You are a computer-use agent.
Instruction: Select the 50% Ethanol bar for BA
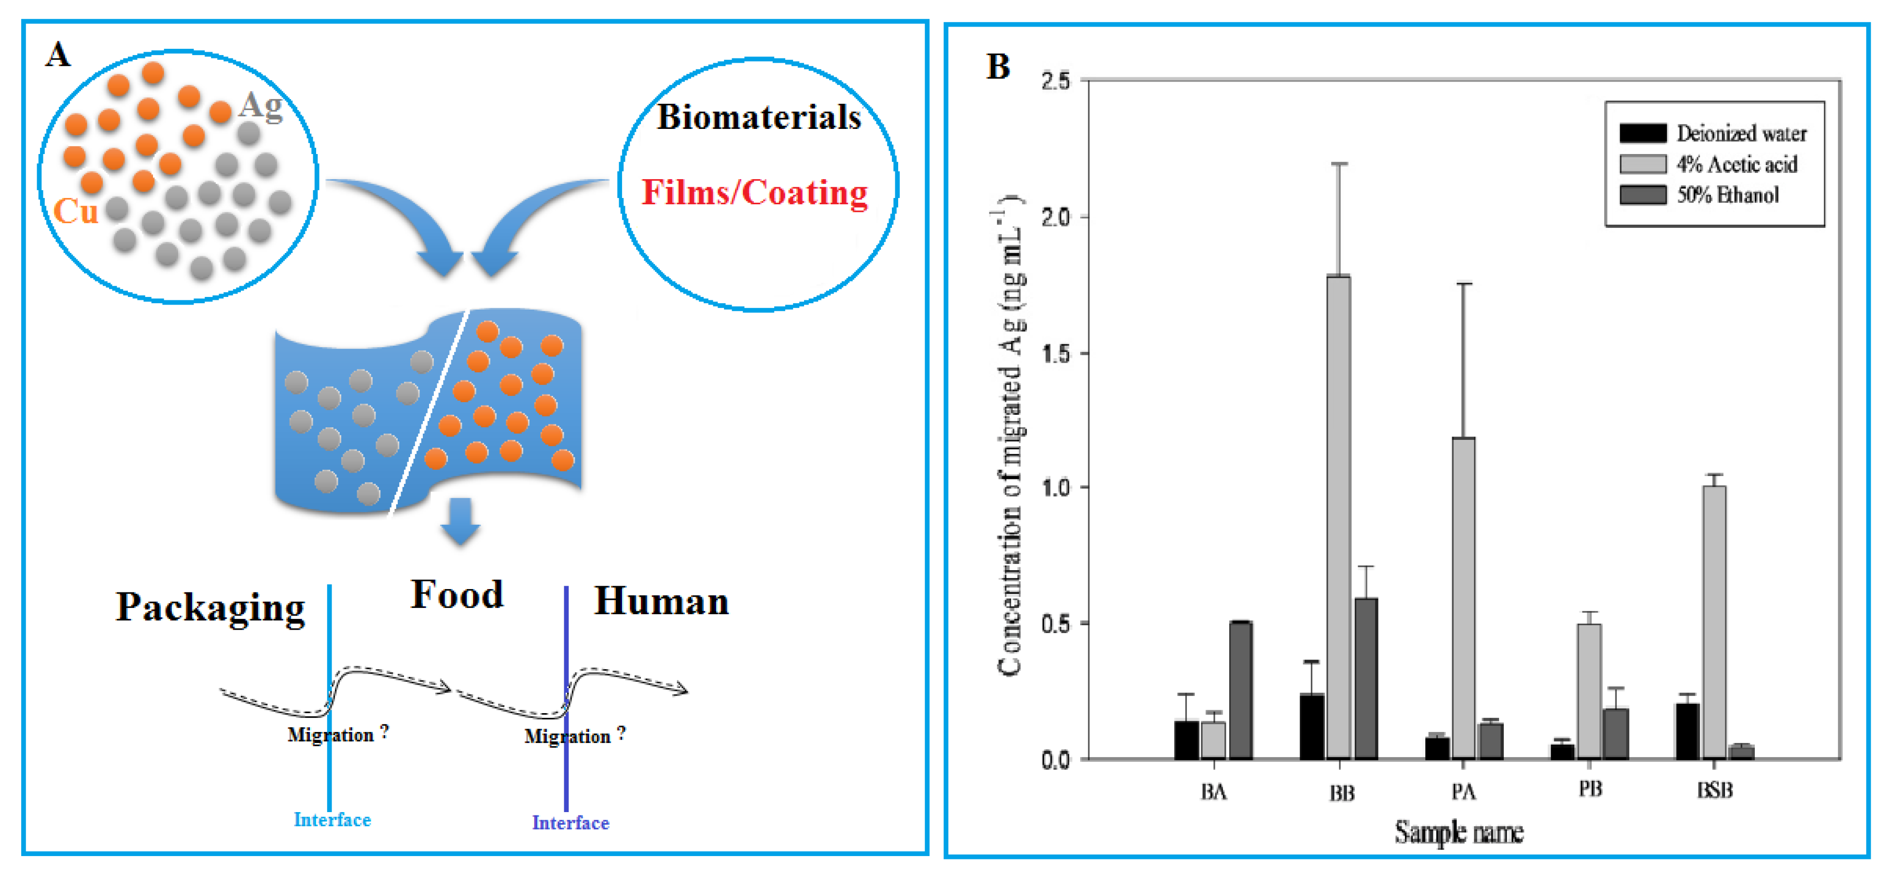pyautogui.click(x=1241, y=690)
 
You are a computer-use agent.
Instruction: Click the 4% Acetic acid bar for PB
pyautogui.click(x=1589, y=690)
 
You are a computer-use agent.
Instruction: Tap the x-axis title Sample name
pyautogui.click(x=1459, y=833)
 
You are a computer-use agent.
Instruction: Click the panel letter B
pyautogui.click(x=998, y=67)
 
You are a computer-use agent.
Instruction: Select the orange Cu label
pyautogui.click(x=76, y=211)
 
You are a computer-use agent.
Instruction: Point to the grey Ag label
pyautogui.click(x=261, y=105)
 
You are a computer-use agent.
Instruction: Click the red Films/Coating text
pyautogui.click(x=754, y=192)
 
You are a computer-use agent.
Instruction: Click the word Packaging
pyautogui.click(x=210, y=607)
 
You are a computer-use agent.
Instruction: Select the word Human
pyautogui.click(x=661, y=601)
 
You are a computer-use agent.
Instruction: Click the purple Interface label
pyautogui.click(x=570, y=823)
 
